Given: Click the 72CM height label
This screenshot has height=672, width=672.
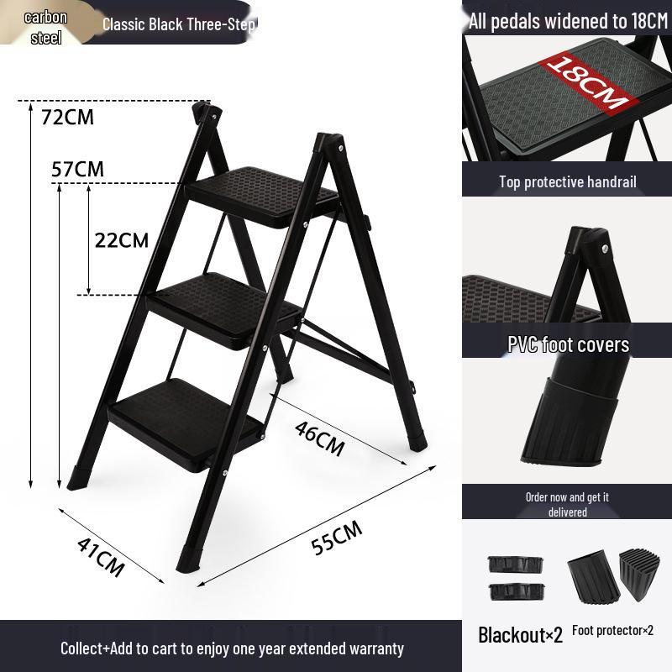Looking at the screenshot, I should [68, 117].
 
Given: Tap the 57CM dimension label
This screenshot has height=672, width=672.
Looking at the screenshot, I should [77, 169].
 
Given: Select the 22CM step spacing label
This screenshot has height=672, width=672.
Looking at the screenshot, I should [121, 240].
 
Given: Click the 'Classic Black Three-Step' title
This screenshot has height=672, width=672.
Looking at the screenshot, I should [179, 24].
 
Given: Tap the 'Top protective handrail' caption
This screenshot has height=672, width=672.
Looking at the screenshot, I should [568, 181].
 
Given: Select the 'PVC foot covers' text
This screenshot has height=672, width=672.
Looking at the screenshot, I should [568, 344].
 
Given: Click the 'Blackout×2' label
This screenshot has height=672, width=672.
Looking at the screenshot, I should [520, 634].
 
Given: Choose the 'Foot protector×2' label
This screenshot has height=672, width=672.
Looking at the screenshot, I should [612, 630].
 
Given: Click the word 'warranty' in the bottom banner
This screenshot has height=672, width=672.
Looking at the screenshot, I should [368, 648].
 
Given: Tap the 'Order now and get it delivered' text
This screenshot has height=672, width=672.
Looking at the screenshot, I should [567, 504].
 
